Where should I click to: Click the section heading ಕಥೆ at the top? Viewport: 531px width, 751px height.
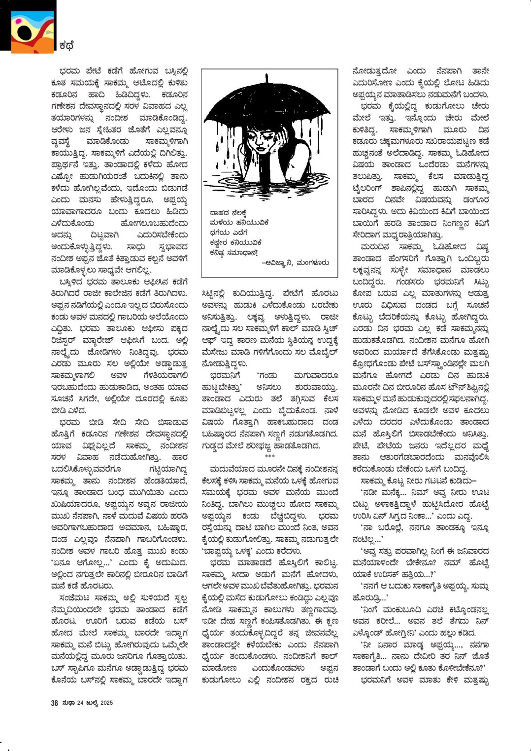[x=66, y=45]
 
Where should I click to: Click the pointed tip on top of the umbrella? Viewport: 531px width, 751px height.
[x=267, y=78]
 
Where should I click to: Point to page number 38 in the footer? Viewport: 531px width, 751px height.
[x=55, y=703]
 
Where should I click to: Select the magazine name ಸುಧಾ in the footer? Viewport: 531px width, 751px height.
[x=68, y=703]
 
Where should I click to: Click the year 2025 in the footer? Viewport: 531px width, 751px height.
[x=106, y=703]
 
